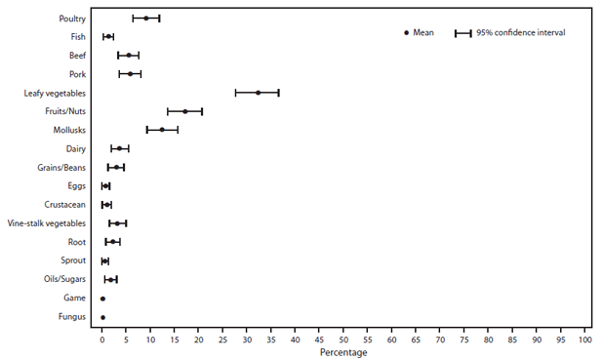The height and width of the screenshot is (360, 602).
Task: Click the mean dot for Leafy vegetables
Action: point(259,93)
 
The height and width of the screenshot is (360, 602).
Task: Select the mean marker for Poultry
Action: point(146,19)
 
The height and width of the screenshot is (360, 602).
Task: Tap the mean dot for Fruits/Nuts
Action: point(184,111)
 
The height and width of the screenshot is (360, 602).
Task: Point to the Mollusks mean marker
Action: point(162,130)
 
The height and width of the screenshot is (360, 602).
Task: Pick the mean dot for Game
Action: point(102,299)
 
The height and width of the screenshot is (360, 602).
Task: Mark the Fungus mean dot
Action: point(102,317)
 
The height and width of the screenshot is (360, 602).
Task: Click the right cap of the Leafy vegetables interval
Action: point(279,93)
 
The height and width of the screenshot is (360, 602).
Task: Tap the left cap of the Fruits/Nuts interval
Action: point(168,111)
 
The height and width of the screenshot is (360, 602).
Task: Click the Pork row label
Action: point(77,74)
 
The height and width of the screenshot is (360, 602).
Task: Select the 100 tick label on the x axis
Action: point(584,340)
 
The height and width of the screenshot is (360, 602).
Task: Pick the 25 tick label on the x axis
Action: point(222,340)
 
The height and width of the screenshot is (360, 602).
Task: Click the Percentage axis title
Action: point(343,352)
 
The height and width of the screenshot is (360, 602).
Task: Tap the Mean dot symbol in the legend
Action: point(406,33)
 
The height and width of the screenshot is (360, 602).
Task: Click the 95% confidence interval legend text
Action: point(521,33)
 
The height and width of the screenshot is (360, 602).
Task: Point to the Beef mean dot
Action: point(129,56)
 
